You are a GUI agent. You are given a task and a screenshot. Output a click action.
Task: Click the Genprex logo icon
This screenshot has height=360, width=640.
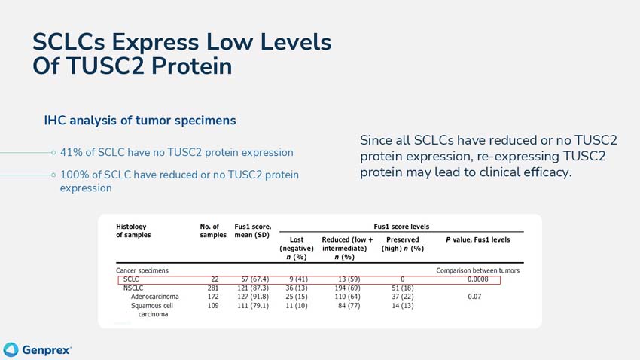point(11,349)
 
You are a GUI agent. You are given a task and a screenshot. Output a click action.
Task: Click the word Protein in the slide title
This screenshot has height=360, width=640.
point(184,66)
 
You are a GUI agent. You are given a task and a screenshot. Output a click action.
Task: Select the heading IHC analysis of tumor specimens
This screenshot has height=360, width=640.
point(140,121)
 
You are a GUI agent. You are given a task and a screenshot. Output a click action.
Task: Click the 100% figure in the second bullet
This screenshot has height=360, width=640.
point(76,175)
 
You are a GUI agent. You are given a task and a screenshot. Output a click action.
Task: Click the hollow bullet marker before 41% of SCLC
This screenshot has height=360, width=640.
point(53,152)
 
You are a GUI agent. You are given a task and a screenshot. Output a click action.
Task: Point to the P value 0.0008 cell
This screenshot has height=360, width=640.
point(478,280)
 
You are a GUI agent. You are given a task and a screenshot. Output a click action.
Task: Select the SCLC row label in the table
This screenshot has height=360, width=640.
point(131,280)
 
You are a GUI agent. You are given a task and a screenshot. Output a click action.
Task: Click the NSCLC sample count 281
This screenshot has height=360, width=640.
point(212,288)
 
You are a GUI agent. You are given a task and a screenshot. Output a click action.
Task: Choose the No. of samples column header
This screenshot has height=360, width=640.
point(209,230)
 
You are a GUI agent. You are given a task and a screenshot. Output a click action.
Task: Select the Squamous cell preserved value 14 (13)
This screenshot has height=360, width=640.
point(403,306)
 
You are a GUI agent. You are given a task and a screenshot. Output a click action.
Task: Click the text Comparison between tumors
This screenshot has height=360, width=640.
point(477,270)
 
